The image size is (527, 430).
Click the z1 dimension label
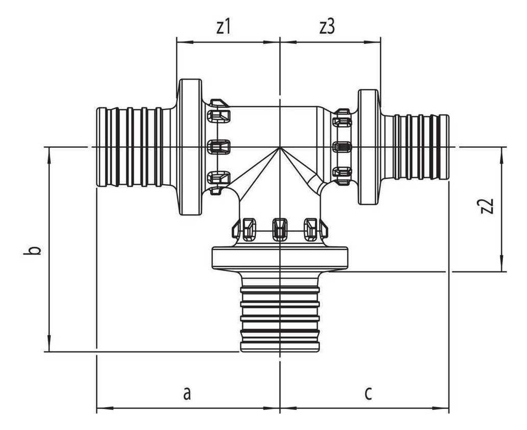(223, 27)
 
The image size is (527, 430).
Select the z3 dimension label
(327, 27)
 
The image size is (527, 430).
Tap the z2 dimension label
(488, 206)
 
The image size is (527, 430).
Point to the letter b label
(32, 251)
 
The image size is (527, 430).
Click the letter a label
(187, 393)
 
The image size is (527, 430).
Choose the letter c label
(369, 393)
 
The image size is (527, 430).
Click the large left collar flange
(189, 147)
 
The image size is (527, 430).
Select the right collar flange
(369, 147)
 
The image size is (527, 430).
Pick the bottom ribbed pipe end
(279, 312)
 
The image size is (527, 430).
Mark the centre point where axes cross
(279, 147)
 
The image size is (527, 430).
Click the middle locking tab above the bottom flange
(279, 229)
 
